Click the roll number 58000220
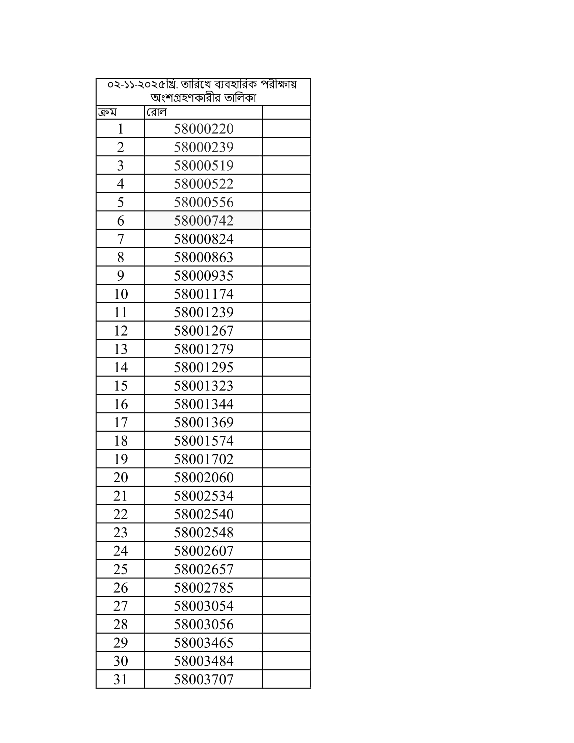coord(203,129)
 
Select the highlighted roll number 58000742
coord(203,221)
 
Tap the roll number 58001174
coord(203,294)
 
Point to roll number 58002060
coord(203,478)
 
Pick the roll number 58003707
coord(203,680)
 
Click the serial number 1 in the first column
coord(121,129)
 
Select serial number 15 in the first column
coord(121,386)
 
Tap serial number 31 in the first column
coord(121,680)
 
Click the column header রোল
coord(156,112)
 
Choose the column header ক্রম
coord(107,112)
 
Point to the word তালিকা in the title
coord(240,98)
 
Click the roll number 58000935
coord(203,276)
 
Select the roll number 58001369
coord(203,422)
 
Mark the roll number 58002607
coord(203,551)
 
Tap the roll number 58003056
coord(203,624)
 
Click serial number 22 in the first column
coord(121,514)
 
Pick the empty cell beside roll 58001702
coord(286,459)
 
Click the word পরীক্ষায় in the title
coord(279,84)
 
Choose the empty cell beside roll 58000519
coord(286,166)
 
